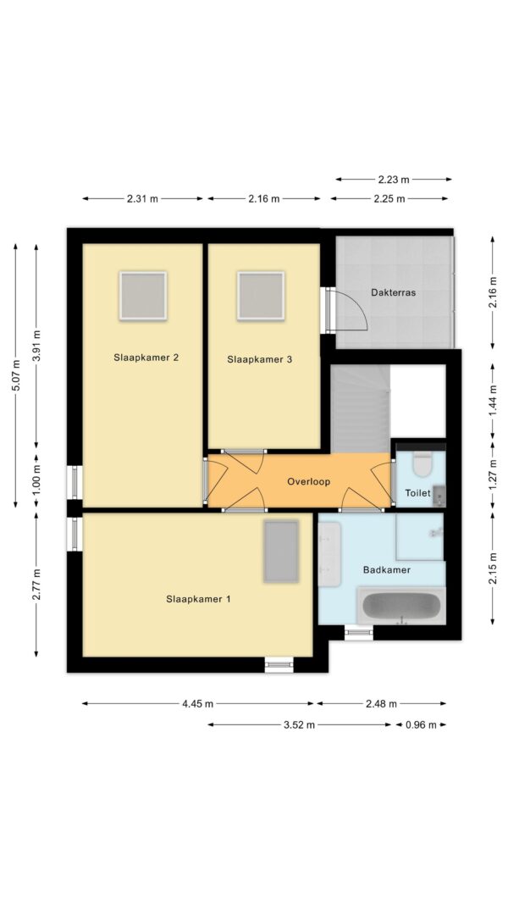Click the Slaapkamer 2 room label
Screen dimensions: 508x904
click(x=146, y=358)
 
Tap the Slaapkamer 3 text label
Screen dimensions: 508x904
click(x=259, y=360)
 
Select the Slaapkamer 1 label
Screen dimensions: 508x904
click(x=198, y=599)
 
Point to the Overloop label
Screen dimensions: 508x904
click(x=309, y=481)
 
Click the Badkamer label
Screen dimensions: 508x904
click(x=386, y=570)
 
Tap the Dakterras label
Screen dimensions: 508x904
click(x=394, y=292)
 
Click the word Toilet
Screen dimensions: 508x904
click(x=417, y=493)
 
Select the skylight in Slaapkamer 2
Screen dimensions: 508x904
click(x=143, y=296)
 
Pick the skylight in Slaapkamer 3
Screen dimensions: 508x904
click(x=261, y=296)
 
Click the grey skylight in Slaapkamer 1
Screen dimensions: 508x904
click(x=281, y=552)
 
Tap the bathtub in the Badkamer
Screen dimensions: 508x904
click(x=401, y=606)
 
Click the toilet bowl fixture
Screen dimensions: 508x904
click(x=422, y=464)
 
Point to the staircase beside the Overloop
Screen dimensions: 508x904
click(x=361, y=408)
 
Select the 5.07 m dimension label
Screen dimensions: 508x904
click(x=16, y=375)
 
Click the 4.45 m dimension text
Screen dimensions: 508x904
click(x=197, y=704)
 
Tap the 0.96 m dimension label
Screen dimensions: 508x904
click(x=421, y=725)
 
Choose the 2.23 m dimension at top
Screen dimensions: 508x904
click(x=394, y=180)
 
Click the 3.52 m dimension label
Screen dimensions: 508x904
click(x=299, y=725)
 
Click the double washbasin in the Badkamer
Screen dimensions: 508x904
click(x=330, y=554)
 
